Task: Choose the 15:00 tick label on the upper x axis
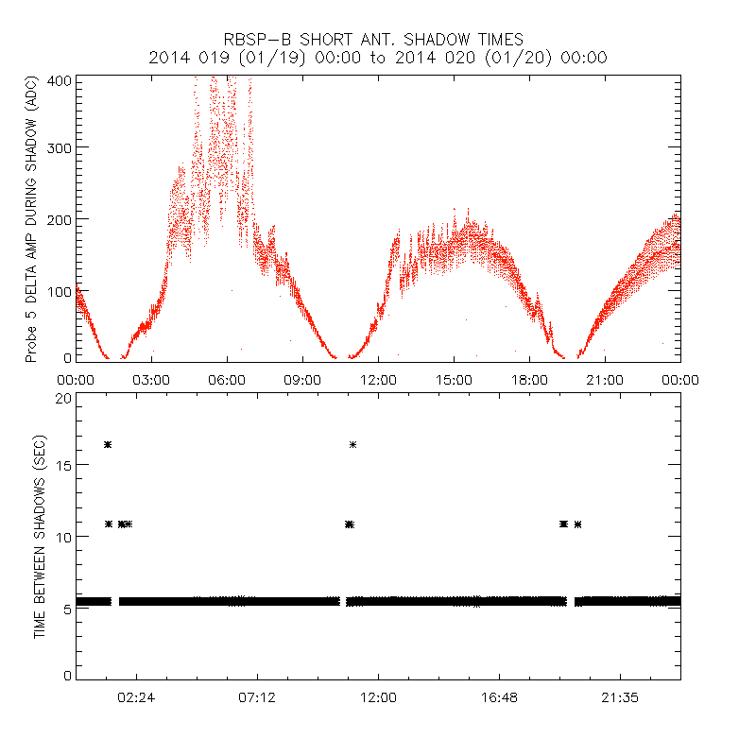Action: coord(454,379)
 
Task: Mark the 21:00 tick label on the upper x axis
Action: coord(605,379)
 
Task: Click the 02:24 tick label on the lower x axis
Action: coord(136,696)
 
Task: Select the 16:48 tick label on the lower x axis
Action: coord(499,696)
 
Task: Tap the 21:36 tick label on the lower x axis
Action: coord(620,696)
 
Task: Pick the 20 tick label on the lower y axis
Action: coord(62,398)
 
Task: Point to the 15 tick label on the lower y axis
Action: coord(62,467)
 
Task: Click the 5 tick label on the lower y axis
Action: coord(66,606)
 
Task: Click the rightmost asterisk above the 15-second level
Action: coord(352,444)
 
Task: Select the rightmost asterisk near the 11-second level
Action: coord(577,524)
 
